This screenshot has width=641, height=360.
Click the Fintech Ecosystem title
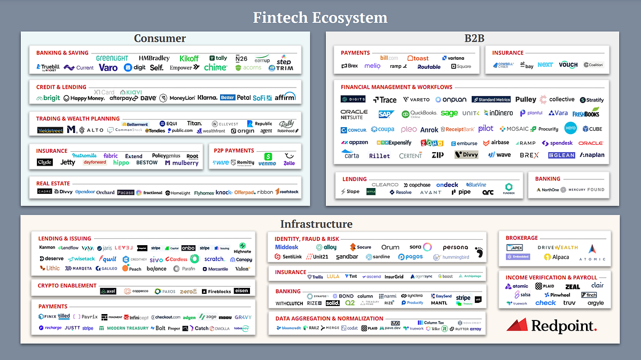point(320,18)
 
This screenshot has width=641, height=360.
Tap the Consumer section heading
point(160,38)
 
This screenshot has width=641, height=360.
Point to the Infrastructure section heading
point(316,224)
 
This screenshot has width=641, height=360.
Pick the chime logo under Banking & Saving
point(215,67)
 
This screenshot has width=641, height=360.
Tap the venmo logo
point(267,163)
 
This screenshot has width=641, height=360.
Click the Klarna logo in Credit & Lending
point(207,98)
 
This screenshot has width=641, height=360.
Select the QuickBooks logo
point(419,114)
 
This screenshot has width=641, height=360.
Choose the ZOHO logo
point(432,143)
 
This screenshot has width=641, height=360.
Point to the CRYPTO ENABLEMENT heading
point(67,286)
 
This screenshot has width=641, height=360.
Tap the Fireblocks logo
point(216,292)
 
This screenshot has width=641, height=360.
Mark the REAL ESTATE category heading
point(53,184)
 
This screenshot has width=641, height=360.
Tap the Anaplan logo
point(592,155)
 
